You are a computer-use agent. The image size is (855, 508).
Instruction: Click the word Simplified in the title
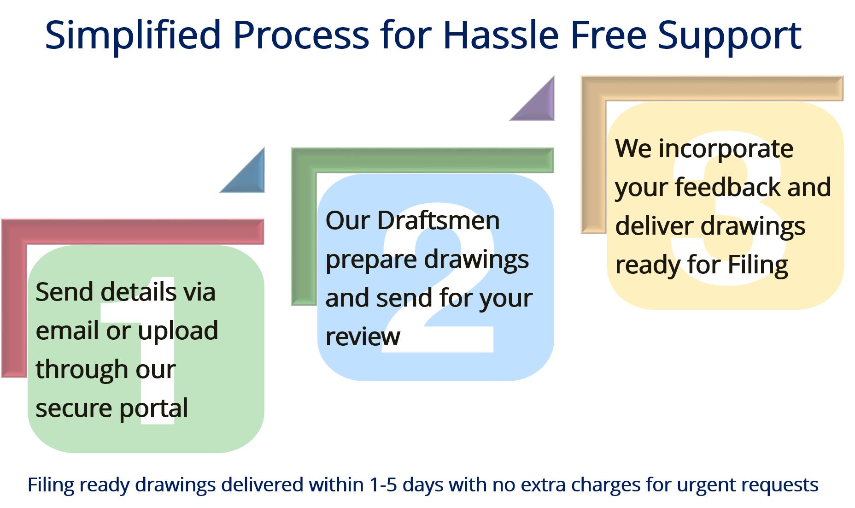tap(133, 36)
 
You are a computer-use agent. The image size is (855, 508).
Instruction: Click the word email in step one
tap(67, 331)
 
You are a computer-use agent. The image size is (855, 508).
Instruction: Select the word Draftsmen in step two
tap(439, 220)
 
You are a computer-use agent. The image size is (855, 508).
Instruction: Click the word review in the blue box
tap(363, 337)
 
